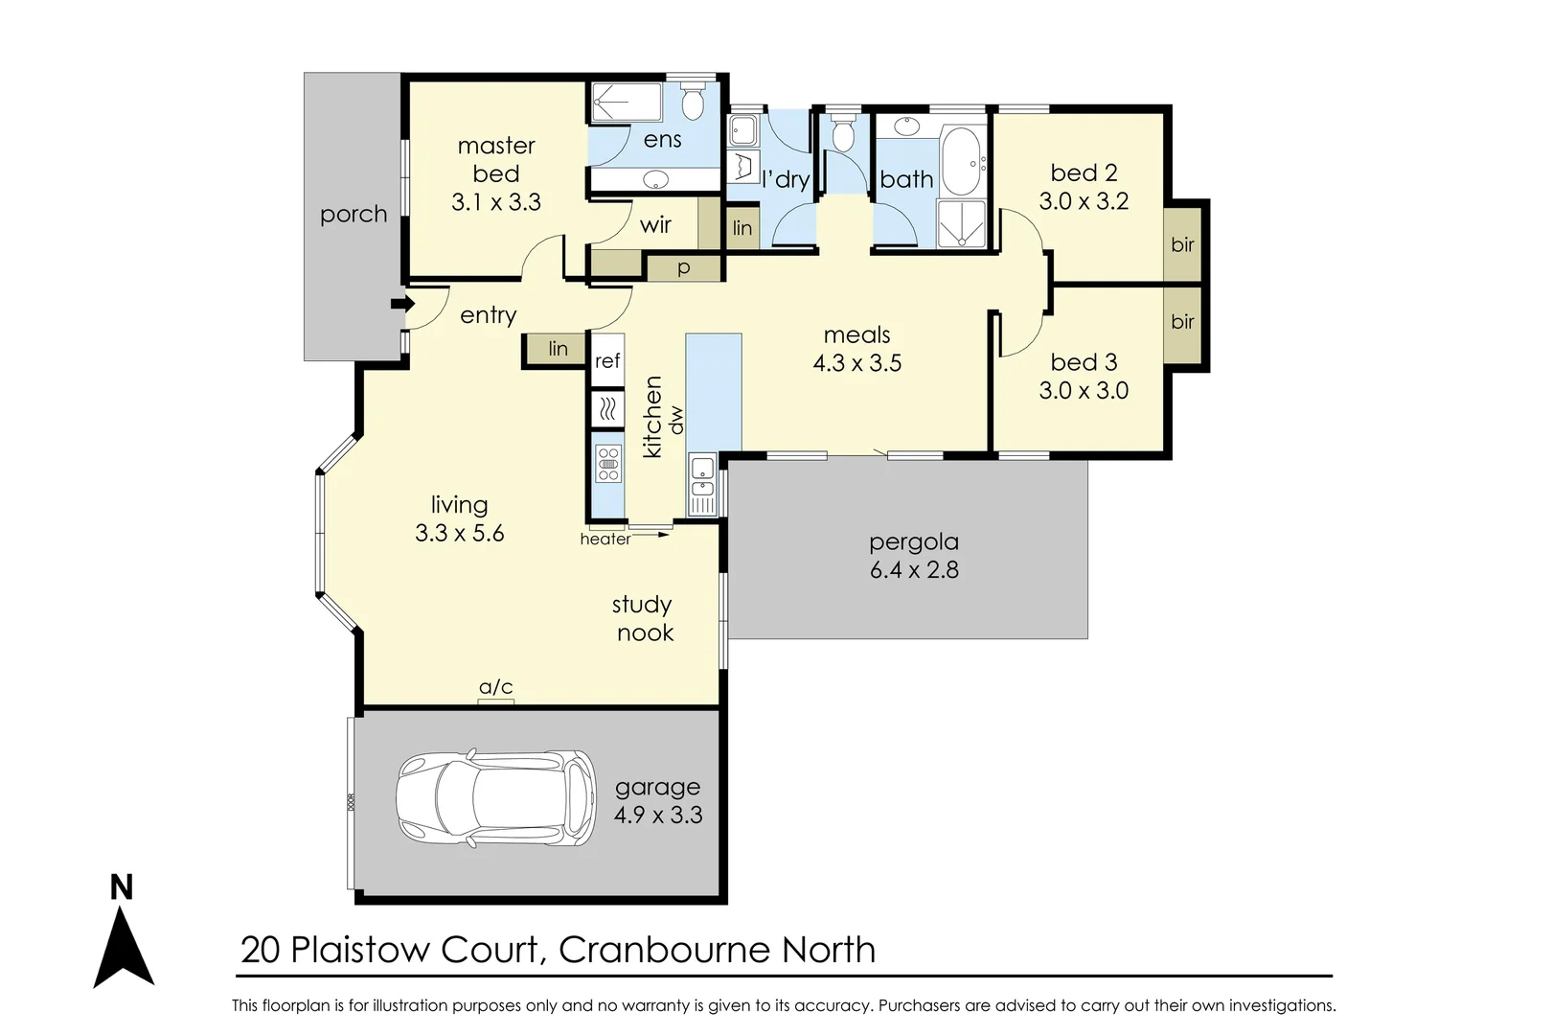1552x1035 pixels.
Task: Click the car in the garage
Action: (x=494, y=797)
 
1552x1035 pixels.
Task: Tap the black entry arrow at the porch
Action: (x=401, y=305)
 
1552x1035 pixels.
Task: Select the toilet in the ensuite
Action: (x=693, y=100)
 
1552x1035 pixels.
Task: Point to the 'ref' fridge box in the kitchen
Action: (x=607, y=361)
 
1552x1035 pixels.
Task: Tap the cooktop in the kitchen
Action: (x=607, y=463)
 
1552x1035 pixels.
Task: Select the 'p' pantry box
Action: (x=683, y=268)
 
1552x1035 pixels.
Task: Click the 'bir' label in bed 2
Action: (x=1182, y=244)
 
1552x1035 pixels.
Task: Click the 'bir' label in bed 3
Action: (x=1182, y=321)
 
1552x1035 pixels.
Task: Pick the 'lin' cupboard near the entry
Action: (x=558, y=350)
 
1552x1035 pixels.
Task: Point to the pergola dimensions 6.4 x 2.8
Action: (x=914, y=569)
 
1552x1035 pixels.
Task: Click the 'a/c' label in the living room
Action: (x=495, y=687)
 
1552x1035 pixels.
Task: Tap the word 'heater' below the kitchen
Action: (x=605, y=540)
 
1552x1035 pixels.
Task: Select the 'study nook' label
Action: (x=643, y=618)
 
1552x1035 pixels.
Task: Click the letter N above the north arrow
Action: (x=122, y=888)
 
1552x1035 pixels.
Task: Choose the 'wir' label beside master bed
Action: (x=655, y=225)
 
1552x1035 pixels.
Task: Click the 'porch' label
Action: (x=354, y=214)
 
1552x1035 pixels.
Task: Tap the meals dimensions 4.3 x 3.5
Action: (x=856, y=363)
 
